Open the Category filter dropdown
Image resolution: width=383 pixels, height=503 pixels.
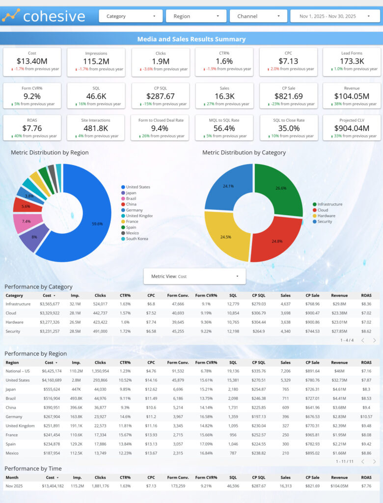coord(131,16)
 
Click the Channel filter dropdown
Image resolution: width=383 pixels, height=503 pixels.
coord(258,16)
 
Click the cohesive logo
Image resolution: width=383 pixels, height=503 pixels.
coord(44,16)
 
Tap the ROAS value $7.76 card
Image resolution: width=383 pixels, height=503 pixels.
coord(32,128)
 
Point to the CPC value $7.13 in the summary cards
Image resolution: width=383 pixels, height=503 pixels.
coord(288,61)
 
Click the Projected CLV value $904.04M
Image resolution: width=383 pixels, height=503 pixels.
coord(352,128)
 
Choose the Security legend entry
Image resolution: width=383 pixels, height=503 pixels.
coord(325,222)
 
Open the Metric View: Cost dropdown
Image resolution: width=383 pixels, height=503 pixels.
coord(194,277)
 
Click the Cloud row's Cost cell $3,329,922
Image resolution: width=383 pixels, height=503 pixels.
coord(50,313)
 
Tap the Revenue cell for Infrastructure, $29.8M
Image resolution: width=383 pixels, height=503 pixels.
coord(339,304)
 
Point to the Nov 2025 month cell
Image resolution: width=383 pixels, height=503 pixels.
coord(14,486)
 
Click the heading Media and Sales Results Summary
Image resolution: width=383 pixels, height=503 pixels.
coord(191,39)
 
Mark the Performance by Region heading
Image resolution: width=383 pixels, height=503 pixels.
coord(36,354)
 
